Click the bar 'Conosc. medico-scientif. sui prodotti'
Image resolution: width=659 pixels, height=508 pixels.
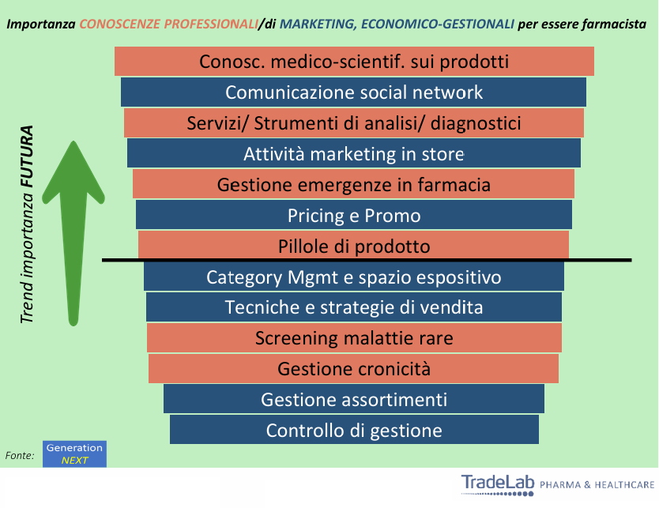[354, 62]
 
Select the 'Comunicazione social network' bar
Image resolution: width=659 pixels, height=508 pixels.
[353, 92]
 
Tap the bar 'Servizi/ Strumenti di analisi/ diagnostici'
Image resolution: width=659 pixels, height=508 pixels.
[354, 122]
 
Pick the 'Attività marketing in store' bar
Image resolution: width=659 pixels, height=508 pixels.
[354, 153]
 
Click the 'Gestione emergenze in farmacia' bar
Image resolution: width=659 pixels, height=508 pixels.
[353, 184]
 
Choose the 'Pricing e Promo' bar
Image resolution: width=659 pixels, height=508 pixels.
[354, 215]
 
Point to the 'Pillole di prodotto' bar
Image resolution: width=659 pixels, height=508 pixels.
[353, 245]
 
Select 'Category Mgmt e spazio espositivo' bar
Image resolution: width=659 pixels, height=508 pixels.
[354, 277]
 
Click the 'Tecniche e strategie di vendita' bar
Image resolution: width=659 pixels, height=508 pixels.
[354, 307]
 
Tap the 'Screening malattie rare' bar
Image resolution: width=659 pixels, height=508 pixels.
[354, 338]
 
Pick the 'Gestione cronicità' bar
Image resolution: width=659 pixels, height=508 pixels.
[353, 368]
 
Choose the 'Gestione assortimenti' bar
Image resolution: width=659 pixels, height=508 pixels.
[354, 399]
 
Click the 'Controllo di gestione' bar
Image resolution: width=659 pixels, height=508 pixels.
[354, 430]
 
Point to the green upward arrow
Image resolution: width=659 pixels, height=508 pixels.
[73, 233]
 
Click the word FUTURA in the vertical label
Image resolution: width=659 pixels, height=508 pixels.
[28, 156]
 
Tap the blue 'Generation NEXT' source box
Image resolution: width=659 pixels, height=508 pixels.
[74, 453]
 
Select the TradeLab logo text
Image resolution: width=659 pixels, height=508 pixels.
[498, 484]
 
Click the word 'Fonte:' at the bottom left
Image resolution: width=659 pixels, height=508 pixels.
[20, 456]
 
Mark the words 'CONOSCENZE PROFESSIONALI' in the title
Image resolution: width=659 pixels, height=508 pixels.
[168, 24]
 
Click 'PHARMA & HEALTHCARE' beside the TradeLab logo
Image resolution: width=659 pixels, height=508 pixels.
[597, 485]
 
